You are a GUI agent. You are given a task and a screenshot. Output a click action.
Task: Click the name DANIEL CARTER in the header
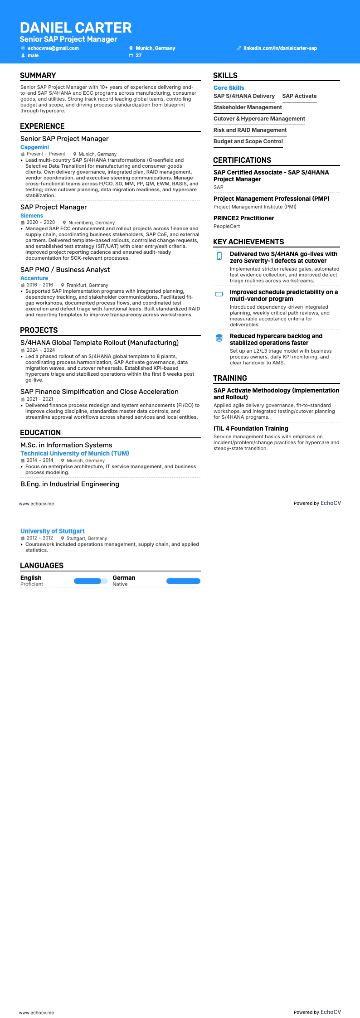pos(76,28)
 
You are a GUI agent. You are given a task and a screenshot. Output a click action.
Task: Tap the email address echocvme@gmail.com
pos(53,48)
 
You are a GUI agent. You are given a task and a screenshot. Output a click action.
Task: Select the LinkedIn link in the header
pos(280,48)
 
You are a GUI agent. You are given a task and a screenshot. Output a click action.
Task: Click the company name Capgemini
pos(34,147)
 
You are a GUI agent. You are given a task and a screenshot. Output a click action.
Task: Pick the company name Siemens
pos(32,216)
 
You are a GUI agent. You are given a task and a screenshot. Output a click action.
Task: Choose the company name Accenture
pos(34,278)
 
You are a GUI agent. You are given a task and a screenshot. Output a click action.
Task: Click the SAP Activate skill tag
pos(299,96)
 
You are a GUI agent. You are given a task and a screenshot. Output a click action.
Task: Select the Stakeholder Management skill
pos(248,107)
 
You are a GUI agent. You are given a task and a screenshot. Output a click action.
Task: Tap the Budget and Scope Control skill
pos(248,141)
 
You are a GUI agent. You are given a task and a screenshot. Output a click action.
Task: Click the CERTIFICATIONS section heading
pos(242,160)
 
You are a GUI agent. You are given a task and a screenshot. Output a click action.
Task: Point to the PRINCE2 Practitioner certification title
pos(244,218)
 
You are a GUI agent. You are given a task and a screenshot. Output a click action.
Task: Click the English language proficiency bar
pos(91,581)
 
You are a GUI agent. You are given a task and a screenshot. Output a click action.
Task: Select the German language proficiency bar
pos(183,581)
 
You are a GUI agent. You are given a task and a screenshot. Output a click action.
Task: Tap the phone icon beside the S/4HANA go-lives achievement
pos(219,256)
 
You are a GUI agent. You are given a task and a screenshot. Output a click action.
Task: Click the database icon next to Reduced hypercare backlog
pos(219,338)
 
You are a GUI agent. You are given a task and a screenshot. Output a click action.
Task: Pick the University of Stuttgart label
pos(52,531)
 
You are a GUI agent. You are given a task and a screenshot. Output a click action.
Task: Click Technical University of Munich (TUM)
pos(75,453)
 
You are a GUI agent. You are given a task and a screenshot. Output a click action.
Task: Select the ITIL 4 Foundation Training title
pos(251,428)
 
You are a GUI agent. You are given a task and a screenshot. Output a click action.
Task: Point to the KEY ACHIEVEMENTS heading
pos(248,242)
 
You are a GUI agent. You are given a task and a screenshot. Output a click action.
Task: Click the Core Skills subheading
pos(229,88)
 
